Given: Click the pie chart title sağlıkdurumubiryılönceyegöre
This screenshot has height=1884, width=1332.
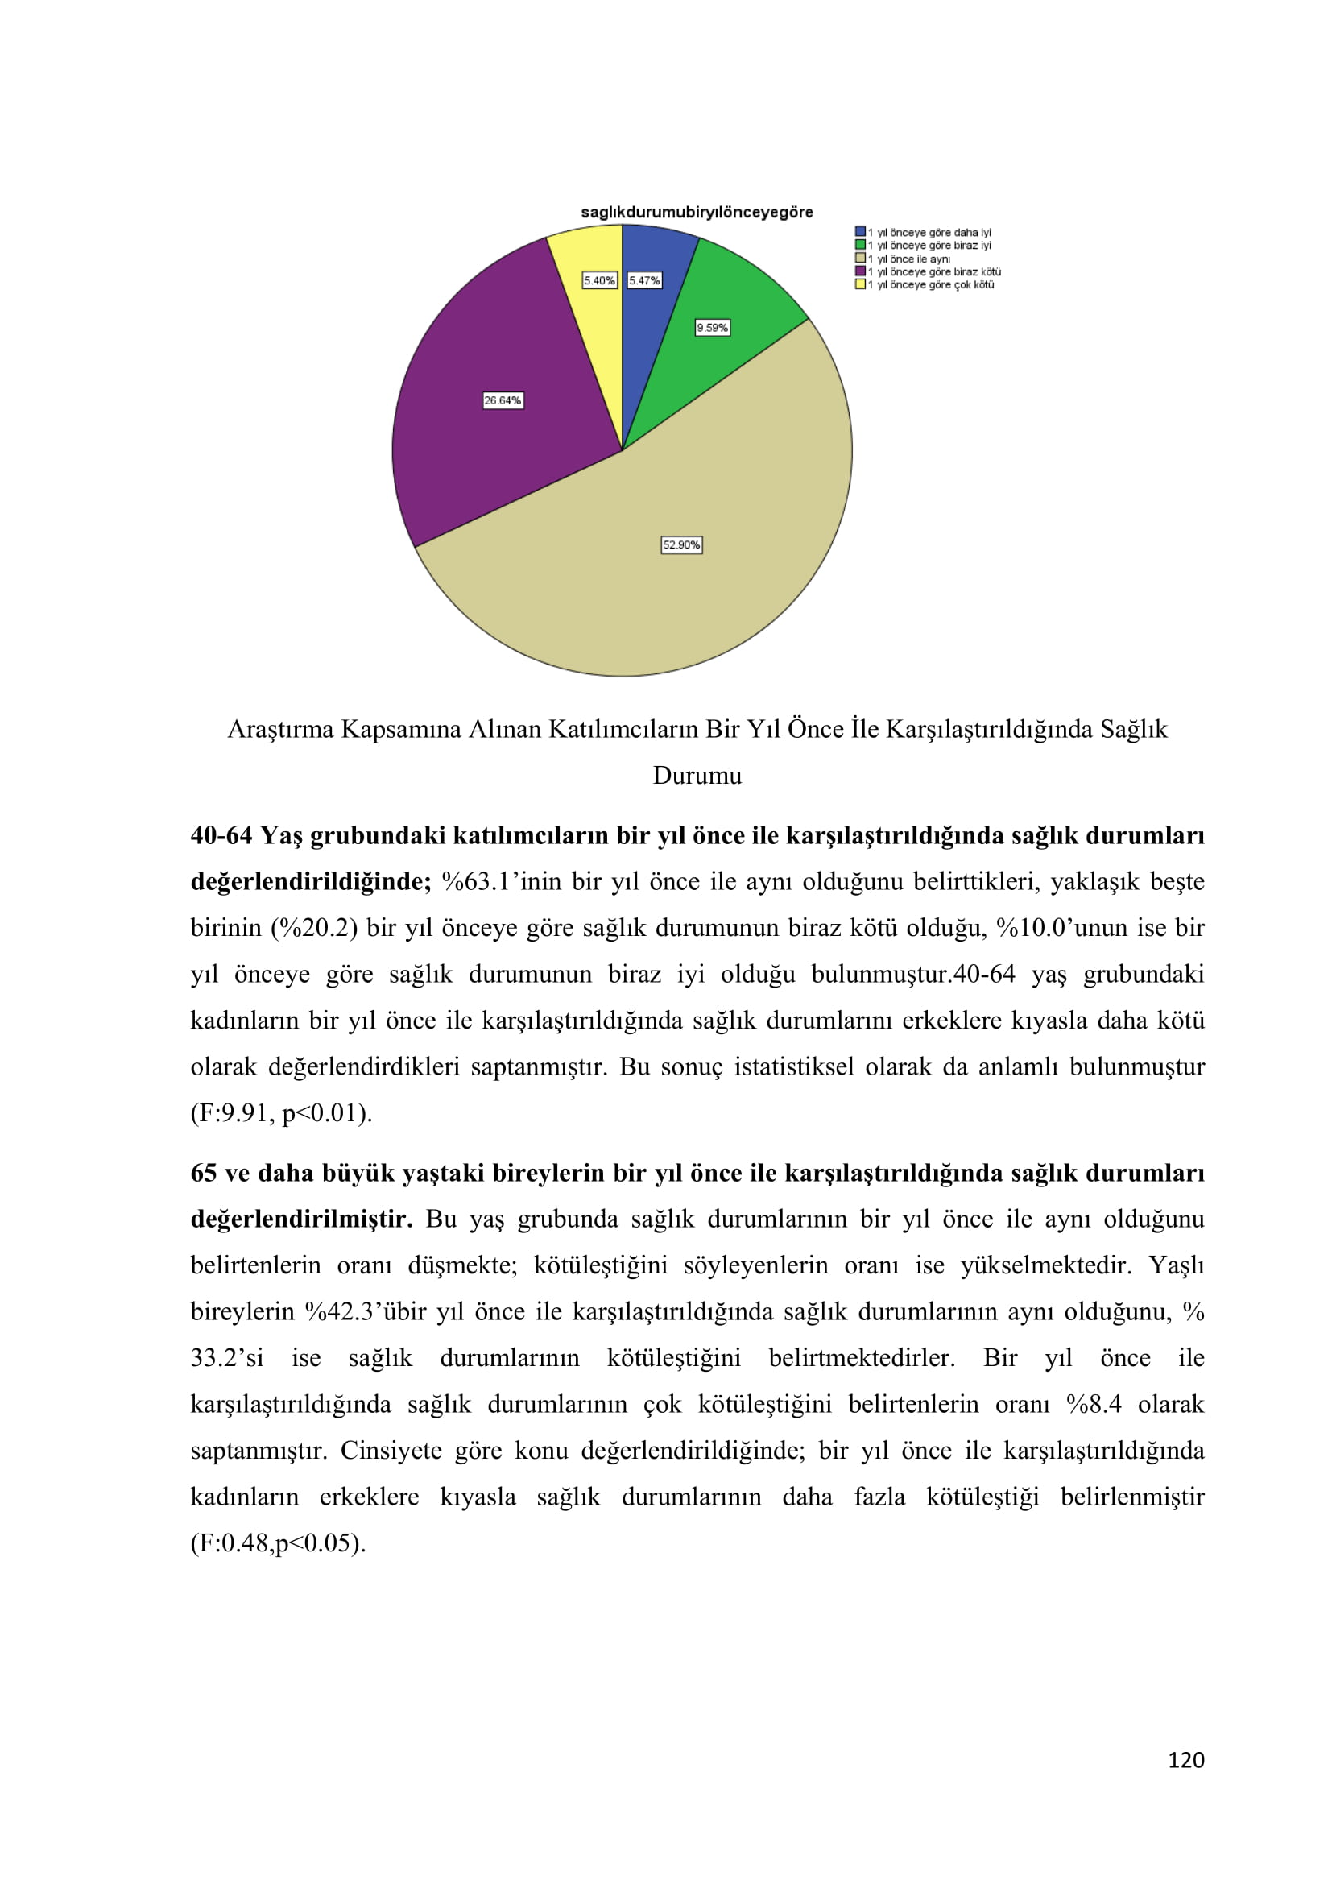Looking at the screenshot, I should point(697,213).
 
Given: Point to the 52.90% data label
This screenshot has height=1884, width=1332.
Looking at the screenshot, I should point(681,544).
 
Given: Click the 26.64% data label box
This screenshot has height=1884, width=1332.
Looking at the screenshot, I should point(503,400).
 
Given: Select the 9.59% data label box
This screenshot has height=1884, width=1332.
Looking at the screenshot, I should point(712,327).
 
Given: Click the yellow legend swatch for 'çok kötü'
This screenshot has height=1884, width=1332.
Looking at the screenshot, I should point(859,284).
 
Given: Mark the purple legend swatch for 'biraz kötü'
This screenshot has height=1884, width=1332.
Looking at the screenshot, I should point(859,271).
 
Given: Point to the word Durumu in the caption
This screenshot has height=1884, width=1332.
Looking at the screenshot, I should point(697,776).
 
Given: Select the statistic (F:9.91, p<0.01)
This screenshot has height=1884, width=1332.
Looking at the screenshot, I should point(281,1113).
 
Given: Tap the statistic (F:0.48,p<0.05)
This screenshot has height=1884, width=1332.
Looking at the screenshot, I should point(278,1543).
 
